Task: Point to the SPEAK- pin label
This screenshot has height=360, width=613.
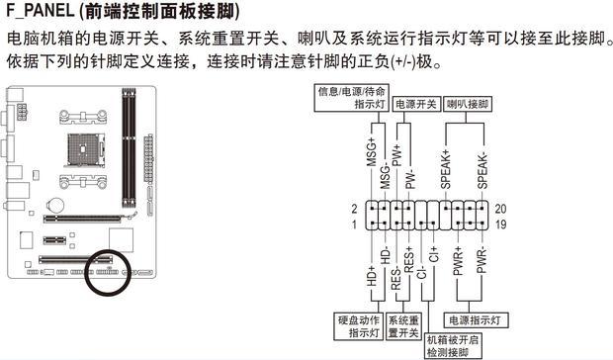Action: coord(482,168)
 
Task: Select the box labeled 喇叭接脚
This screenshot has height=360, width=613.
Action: coord(469,103)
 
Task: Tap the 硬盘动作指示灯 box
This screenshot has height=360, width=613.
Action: coord(354,326)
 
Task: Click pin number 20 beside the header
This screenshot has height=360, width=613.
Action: coord(500,209)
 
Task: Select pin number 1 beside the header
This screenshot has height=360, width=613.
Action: coord(354,225)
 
